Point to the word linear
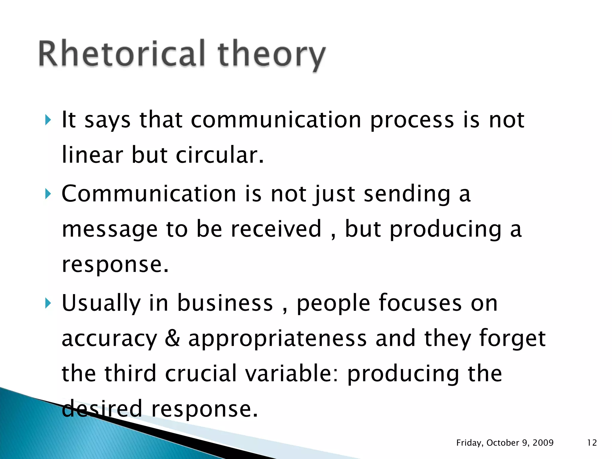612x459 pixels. (x=92, y=155)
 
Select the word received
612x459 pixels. (x=276, y=229)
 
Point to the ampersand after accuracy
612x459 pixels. (x=172, y=339)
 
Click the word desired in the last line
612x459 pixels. (x=102, y=409)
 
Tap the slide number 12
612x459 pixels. (x=592, y=443)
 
